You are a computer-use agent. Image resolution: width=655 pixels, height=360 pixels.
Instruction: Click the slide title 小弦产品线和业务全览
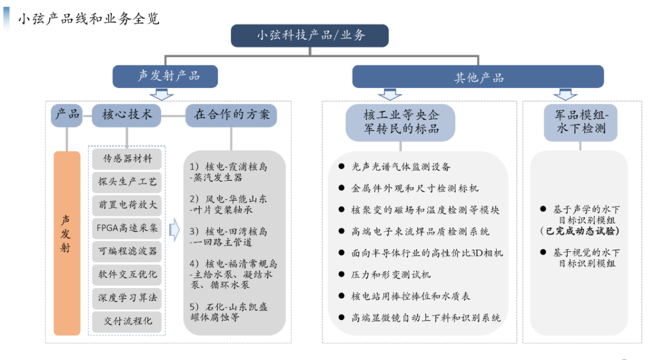tap(89, 19)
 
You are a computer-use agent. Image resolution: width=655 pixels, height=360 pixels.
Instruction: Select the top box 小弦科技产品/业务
tap(310, 35)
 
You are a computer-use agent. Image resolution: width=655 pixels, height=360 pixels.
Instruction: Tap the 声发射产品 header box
tap(165, 76)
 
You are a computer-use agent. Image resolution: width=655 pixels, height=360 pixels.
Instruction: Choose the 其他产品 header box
tap(479, 77)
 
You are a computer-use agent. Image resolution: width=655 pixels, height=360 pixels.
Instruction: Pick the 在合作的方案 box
tap(231, 115)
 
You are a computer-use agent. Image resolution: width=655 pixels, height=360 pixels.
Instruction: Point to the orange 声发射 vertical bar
tap(67, 242)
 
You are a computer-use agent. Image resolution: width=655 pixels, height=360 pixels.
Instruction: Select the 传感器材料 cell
tap(127, 159)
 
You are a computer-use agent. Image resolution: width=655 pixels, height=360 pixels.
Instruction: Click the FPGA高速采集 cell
tap(127, 228)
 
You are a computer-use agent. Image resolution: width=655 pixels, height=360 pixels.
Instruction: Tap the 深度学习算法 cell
tap(127, 298)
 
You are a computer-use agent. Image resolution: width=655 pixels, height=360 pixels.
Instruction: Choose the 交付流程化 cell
tap(127, 321)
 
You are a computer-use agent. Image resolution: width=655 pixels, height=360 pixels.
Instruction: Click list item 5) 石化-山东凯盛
tap(228, 307)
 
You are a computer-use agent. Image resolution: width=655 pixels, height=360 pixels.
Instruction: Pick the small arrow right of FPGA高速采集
tap(173, 230)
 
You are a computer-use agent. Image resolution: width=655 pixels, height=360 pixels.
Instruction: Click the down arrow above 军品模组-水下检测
tap(565, 94)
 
